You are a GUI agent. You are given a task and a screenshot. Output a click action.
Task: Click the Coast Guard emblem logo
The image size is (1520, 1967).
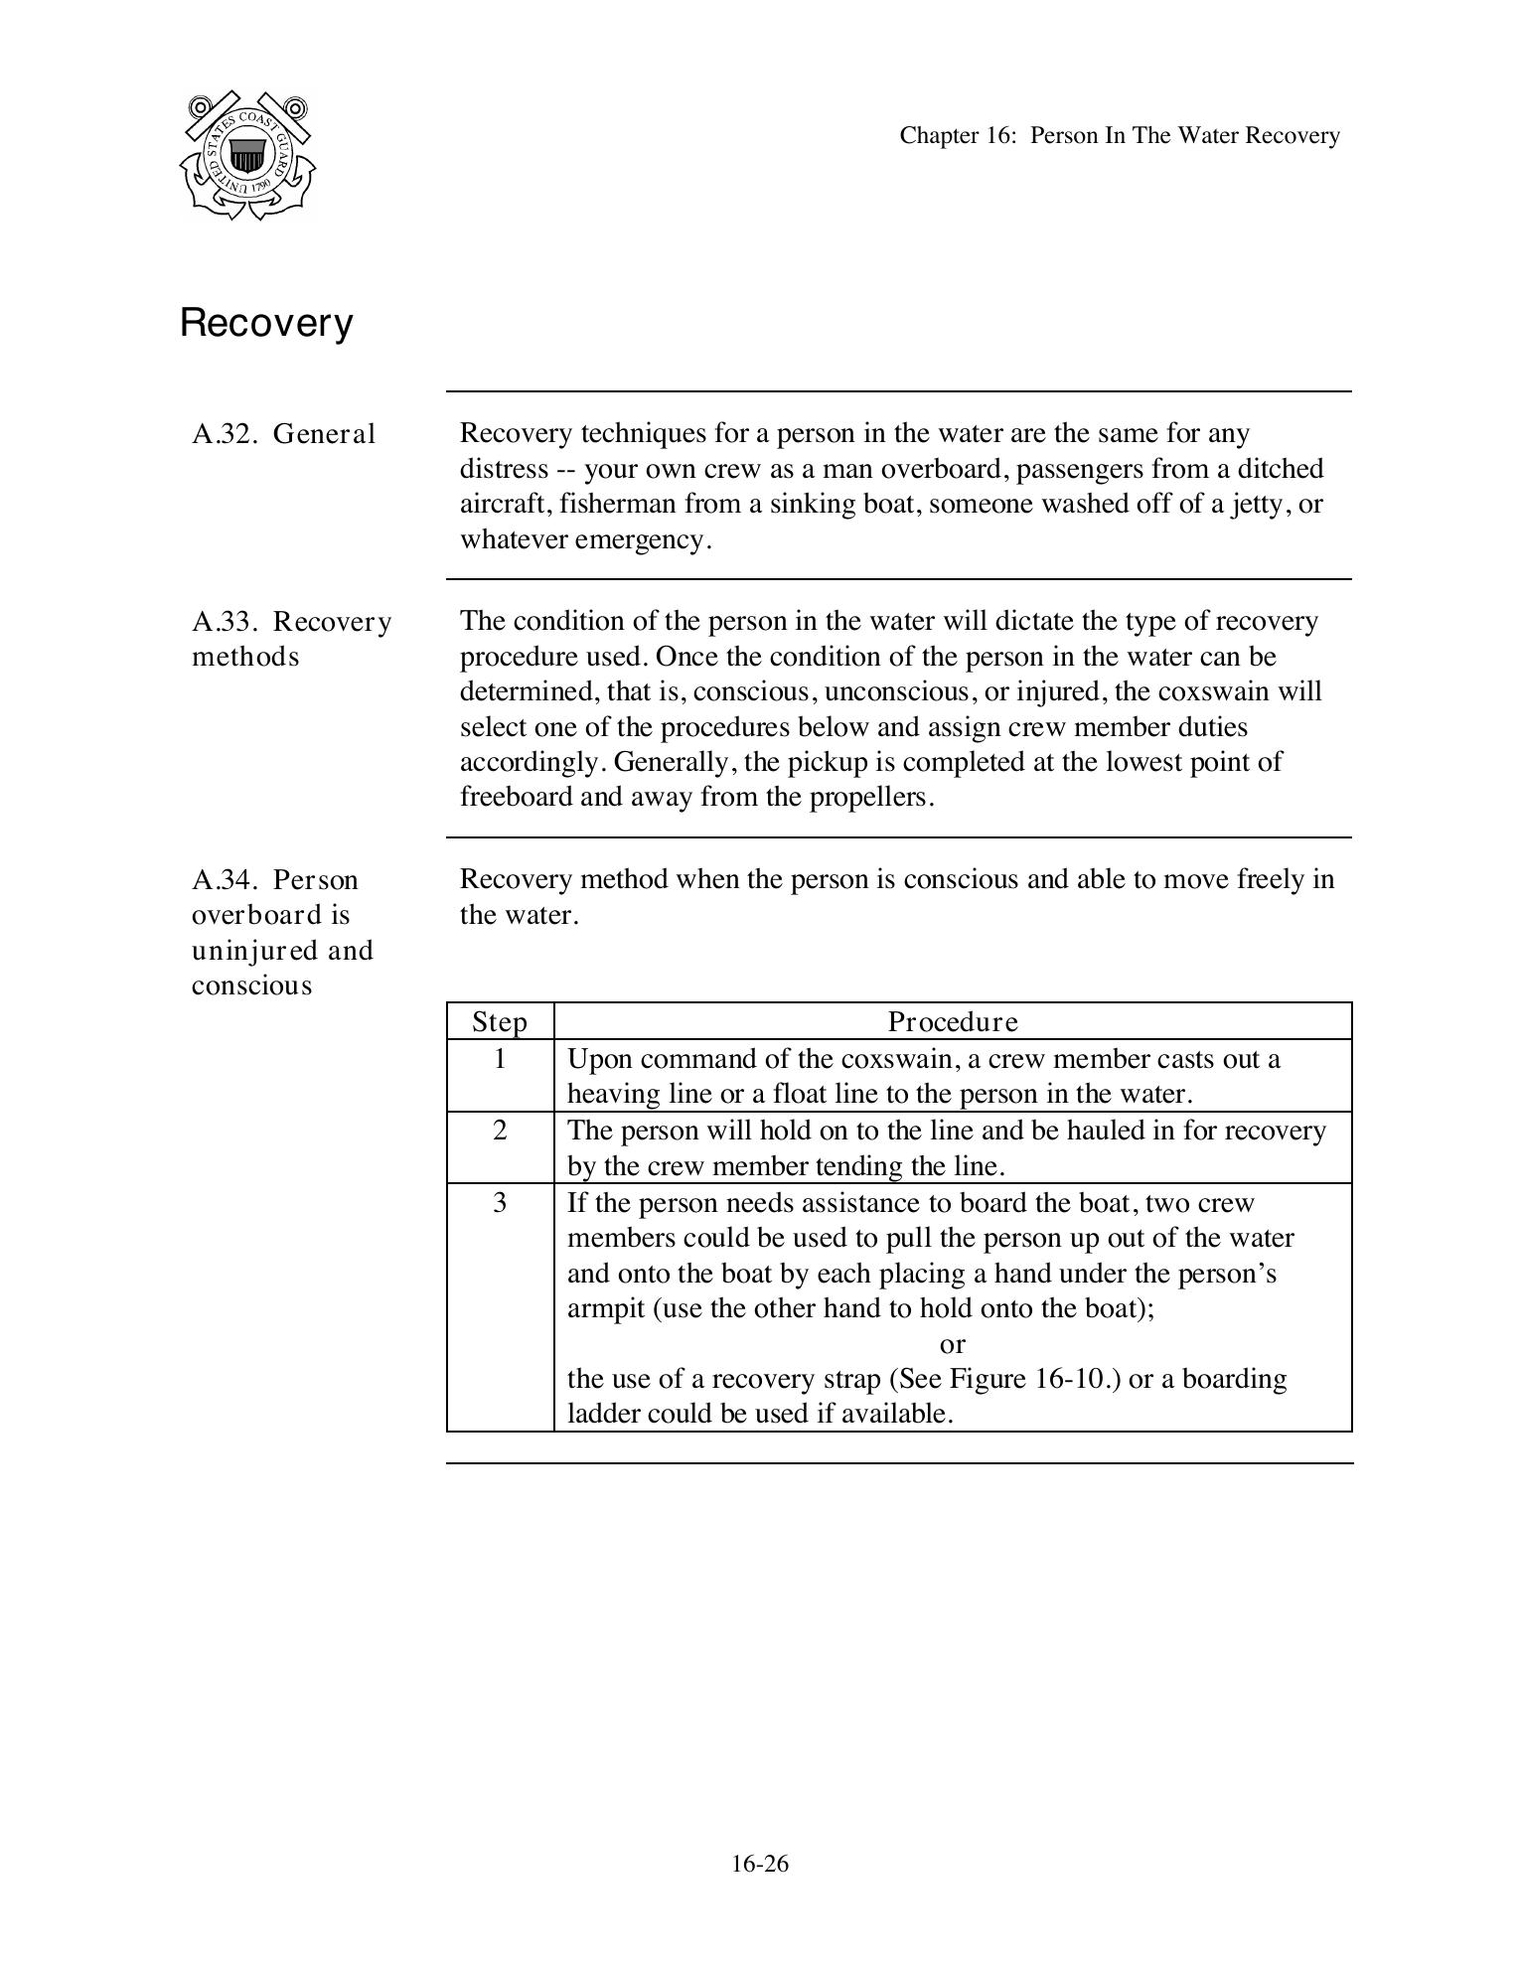click(x=247, y=155)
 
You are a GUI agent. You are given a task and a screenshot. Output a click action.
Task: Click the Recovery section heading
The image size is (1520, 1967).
click(x=266, y=323)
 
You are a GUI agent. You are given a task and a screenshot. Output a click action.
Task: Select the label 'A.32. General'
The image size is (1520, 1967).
click(x=284, y=434)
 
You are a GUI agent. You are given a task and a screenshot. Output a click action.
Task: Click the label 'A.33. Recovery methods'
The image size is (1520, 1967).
click(x=291, y=639)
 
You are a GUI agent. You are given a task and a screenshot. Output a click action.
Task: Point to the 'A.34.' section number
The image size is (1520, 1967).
click(x=226, y=880)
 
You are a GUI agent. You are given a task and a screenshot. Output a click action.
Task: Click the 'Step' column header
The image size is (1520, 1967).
click(x=499, y=1021)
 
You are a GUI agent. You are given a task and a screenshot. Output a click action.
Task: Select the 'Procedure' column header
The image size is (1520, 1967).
click(x=952, y=1021)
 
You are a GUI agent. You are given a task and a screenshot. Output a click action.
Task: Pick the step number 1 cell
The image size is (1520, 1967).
click(x=499, y=1059)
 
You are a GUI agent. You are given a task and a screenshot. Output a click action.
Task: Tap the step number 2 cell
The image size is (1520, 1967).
click(x=499, y=1131)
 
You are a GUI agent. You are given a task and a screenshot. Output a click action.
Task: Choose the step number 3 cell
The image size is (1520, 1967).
click(x=499, y=1203)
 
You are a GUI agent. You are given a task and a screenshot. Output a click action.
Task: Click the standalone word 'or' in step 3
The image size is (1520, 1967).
click(x=952, y=1344)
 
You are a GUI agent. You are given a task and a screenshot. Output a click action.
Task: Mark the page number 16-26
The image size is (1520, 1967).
click(x=760, y=1864)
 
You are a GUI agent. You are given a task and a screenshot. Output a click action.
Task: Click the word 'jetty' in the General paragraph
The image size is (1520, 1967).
click(x=1262, y=504)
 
